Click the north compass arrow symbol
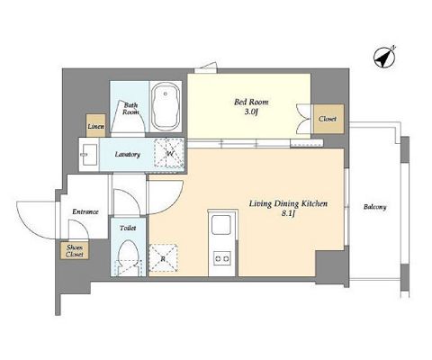click(384, 57)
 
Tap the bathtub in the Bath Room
click(166, 106)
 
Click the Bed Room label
click(251, 102)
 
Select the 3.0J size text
click(251, 112)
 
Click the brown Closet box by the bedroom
click(328, 119)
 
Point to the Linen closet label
click(95, 126)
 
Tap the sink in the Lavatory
click(89, 155)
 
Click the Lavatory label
click(128, 155)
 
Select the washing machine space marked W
click(169, 153)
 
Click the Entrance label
click(85, 211)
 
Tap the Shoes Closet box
click(74, 251)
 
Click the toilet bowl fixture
click(129, 257)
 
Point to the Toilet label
click(128, 228)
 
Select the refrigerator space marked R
click(163, 258)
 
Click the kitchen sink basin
click(221, 225)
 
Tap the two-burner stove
click(221, 258)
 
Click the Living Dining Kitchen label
click(288, 204)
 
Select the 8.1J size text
click(289, 213)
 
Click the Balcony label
click(374, 207)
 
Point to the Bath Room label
click(131, 109)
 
